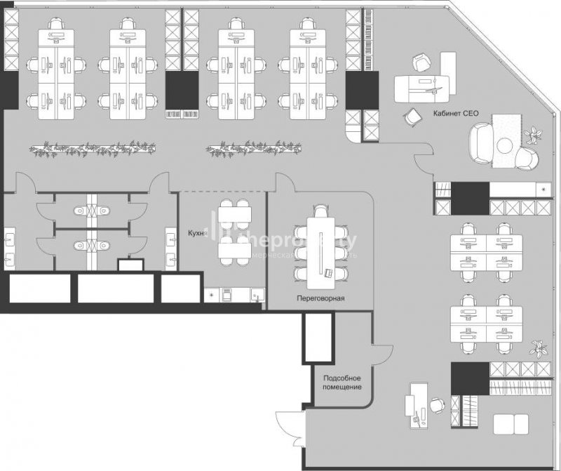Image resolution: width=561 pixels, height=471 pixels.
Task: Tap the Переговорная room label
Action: (x=320, y=298)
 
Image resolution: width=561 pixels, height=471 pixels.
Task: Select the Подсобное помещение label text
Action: (x=342, y=383)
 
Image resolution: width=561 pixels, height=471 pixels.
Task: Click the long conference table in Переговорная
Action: (x=322, y=246)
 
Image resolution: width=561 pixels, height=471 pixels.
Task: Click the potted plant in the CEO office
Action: (x=534, y=133)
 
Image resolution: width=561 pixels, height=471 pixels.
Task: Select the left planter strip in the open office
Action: (x=93, y=149)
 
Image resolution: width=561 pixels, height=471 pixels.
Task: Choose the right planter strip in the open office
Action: (x=254, y=149)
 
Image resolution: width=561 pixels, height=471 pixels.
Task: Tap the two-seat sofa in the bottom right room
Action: (x=511, y=423)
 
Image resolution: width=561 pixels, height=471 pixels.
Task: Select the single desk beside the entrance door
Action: (x=419, y=406)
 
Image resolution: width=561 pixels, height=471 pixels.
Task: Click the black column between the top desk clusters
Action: (x=180, y=89)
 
